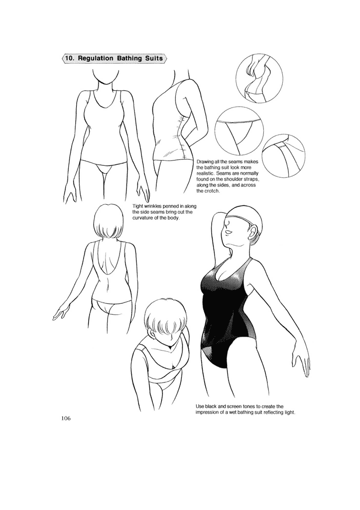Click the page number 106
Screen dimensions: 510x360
point(66,418)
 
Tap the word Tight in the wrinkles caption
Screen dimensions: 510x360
point(138,206)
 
